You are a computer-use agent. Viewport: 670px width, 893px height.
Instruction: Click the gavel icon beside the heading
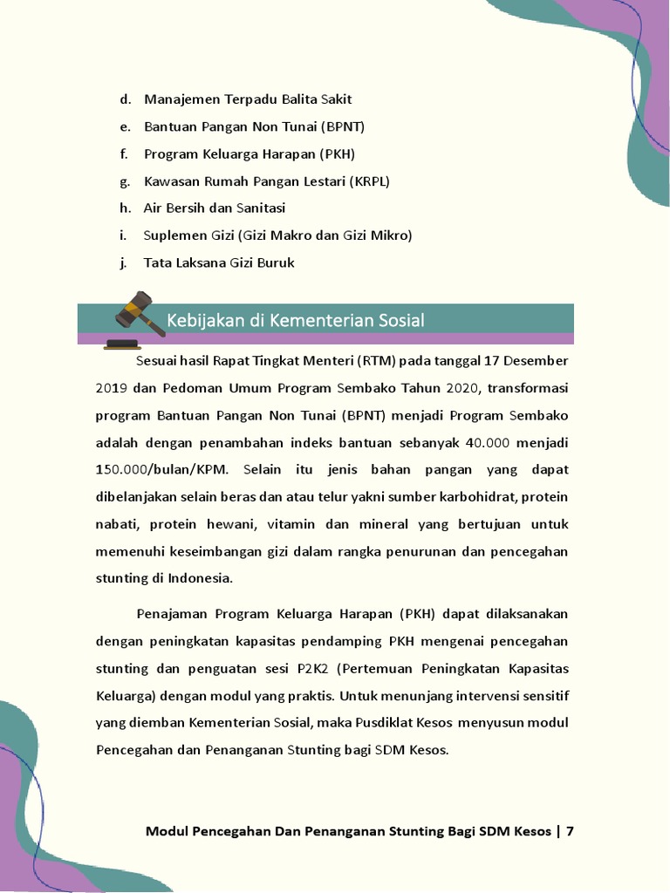[133, 320]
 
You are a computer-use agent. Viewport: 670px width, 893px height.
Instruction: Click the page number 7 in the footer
[570, 831]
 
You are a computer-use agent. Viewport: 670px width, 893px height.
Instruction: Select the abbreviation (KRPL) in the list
[369, 181]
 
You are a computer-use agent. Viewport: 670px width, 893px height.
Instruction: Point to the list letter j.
[124, 262]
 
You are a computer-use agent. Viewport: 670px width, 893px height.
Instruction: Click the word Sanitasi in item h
[259, 208]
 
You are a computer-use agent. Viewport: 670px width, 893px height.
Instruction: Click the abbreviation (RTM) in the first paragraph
[373, 360]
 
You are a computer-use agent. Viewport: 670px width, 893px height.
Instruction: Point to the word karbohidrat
[424, 497]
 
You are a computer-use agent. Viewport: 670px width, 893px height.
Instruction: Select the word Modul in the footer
[167, 831]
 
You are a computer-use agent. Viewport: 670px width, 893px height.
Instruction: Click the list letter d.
[126, 99]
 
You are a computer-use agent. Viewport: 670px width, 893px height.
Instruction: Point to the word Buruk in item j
[275, 262]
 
